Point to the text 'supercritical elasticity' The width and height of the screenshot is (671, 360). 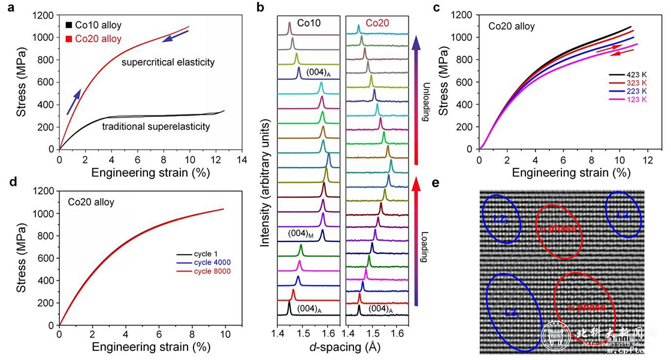[x=168, y=62]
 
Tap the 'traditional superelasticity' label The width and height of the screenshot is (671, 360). [x=156, y=126]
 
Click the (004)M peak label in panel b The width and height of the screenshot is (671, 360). [x=301, y=232]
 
